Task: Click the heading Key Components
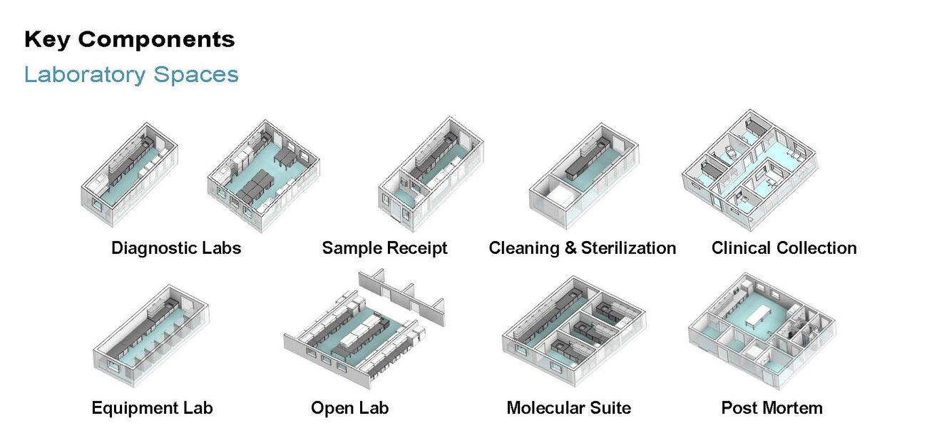129,39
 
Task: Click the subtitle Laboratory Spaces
131,74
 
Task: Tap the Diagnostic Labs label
176,248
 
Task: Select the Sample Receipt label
384,248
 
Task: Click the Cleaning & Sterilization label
582,248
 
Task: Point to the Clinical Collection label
784,248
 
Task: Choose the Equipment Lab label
152,408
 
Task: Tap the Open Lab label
349,408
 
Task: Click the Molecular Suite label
568,408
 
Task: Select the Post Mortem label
772,408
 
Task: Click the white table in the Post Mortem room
764,313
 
